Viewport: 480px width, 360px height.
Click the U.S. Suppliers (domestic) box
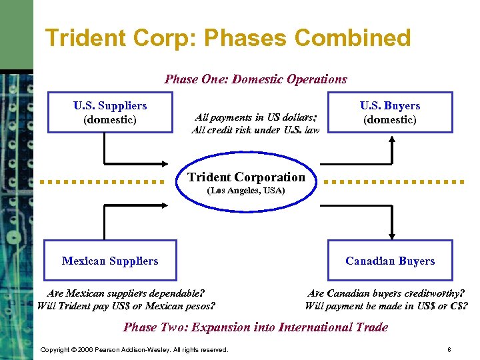(x=110, y=113)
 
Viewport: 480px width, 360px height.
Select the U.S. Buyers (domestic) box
(x=390, y=113)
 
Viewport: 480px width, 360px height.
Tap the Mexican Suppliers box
(x=110, y=261)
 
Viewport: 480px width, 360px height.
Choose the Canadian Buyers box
(x=390, y=261)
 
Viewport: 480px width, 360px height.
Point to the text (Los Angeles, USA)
(x=246, y=191)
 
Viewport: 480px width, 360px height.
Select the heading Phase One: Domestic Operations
(x=255, y=79)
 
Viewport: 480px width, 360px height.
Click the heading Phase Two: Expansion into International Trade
(x=255, y=327)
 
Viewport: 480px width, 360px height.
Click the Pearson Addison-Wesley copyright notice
(x=134, y=350)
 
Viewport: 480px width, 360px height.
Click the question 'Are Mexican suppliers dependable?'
(x=126, y=293)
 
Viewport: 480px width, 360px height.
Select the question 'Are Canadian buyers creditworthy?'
(x=386, y=293)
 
